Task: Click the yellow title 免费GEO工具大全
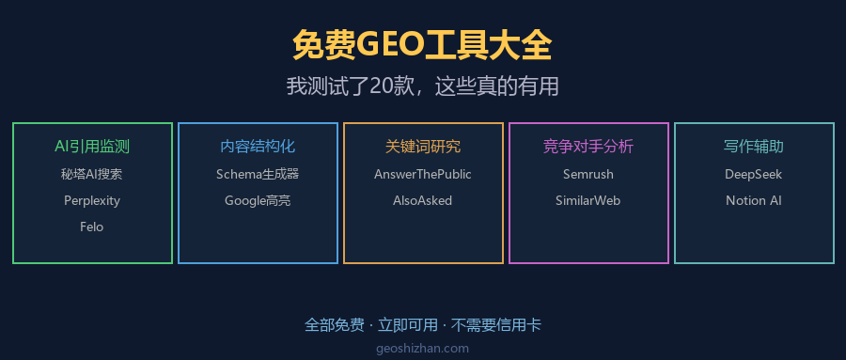[422, 46]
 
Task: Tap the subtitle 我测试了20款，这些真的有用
[422, 86]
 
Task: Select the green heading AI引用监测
[92, 147]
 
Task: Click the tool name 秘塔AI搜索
[92, 174]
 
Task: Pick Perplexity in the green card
[92, 201]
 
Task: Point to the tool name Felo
[92, 227]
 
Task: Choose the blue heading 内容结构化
[258, 147]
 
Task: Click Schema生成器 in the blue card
[258, 174]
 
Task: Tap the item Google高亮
[258, 201]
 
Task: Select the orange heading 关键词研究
[423, 147]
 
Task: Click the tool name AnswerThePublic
[423, 174]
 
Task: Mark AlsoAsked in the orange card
[422, 201]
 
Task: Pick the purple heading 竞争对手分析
[588, 147]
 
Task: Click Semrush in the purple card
[588, 174]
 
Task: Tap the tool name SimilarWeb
[588, 201]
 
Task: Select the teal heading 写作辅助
[754, 147]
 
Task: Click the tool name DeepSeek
[754, 174]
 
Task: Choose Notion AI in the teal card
[754, 201]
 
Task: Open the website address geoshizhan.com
[422, 349]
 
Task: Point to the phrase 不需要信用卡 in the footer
[495, 325]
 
